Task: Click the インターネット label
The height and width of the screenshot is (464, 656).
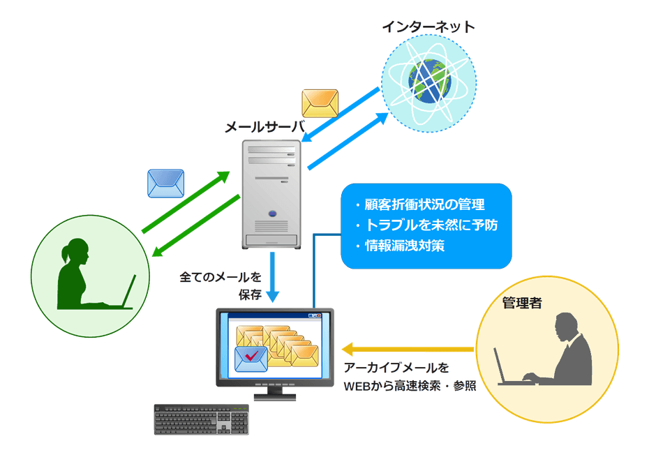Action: coord(428,27)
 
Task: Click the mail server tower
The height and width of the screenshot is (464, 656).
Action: coord(271,194)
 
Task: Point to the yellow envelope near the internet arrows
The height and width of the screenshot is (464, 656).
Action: coord(320,102)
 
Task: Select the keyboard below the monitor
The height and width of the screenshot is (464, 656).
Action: coord(201,419)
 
